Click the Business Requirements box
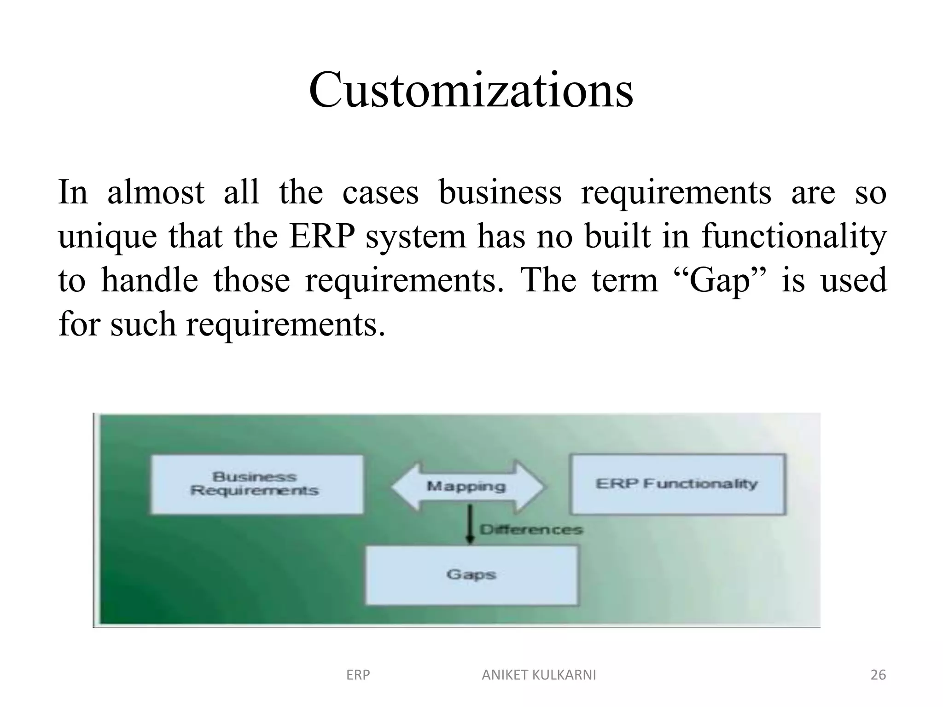[256, 484]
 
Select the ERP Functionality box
[677, 484]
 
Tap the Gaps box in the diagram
[471, 574]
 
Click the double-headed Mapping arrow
[468, 486]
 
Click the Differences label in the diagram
[531, 529]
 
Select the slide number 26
[878, 675]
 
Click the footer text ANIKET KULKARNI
[539, 675]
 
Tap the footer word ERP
[358, 675]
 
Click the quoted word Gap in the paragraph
[720, 281]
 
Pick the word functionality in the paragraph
[794, 237]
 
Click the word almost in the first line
[156, 192]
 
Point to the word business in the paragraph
[500, 192]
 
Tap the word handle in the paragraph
[150, 281]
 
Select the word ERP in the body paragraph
[322, 237]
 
